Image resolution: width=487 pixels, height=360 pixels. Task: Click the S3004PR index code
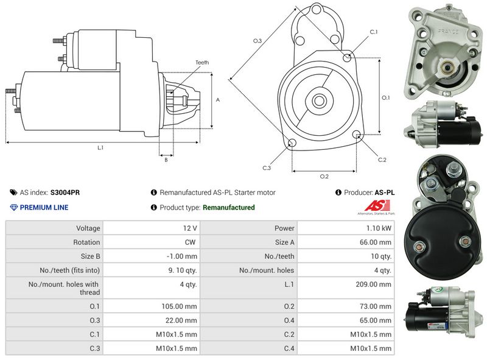point(65,192)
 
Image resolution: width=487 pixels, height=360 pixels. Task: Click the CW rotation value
point(191,242)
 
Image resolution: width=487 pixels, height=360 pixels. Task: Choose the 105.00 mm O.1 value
point(181,306)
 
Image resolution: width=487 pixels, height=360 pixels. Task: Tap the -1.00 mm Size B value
point(182,256)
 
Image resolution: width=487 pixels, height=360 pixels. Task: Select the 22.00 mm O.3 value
point(183,320)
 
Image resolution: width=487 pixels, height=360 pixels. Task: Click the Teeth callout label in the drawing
point(202,63)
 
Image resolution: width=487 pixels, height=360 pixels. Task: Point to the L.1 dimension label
point(100,147)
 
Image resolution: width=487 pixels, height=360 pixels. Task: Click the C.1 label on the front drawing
point(374,32)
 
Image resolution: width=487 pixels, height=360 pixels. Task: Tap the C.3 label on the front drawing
point(267,168)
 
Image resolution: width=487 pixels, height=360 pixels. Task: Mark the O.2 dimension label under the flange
point(324,177)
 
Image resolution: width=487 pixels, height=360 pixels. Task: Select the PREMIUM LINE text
point(44,208)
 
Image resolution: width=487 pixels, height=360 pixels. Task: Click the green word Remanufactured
point(228,208)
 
